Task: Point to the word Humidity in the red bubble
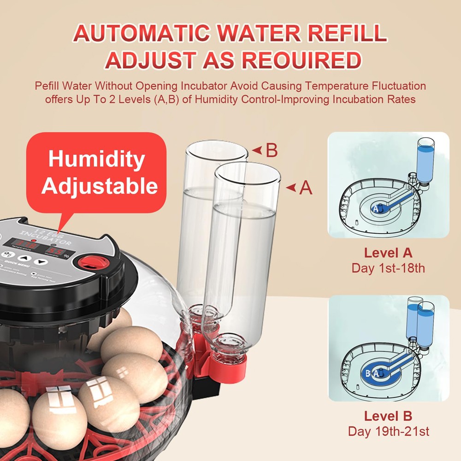[96, 160]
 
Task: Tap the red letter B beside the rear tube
[272, 151]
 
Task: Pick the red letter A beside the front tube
[306, 188]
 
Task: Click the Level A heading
[388, 253]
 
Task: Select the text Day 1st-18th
[388, 268]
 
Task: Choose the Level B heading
[388, 416]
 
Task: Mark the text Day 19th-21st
[388, 431]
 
